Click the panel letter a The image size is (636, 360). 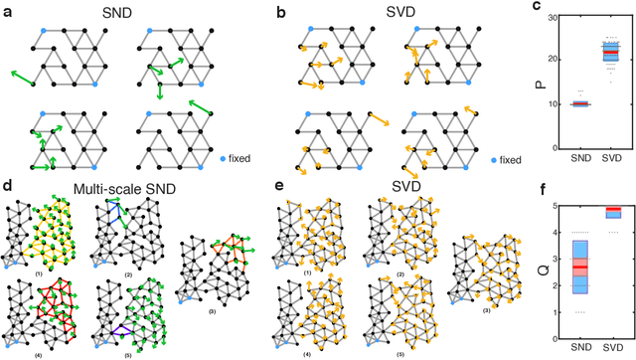pyautogui.click(x=6, y=8)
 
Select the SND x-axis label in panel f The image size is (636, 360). pyautogui.click(x=579, y=353)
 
